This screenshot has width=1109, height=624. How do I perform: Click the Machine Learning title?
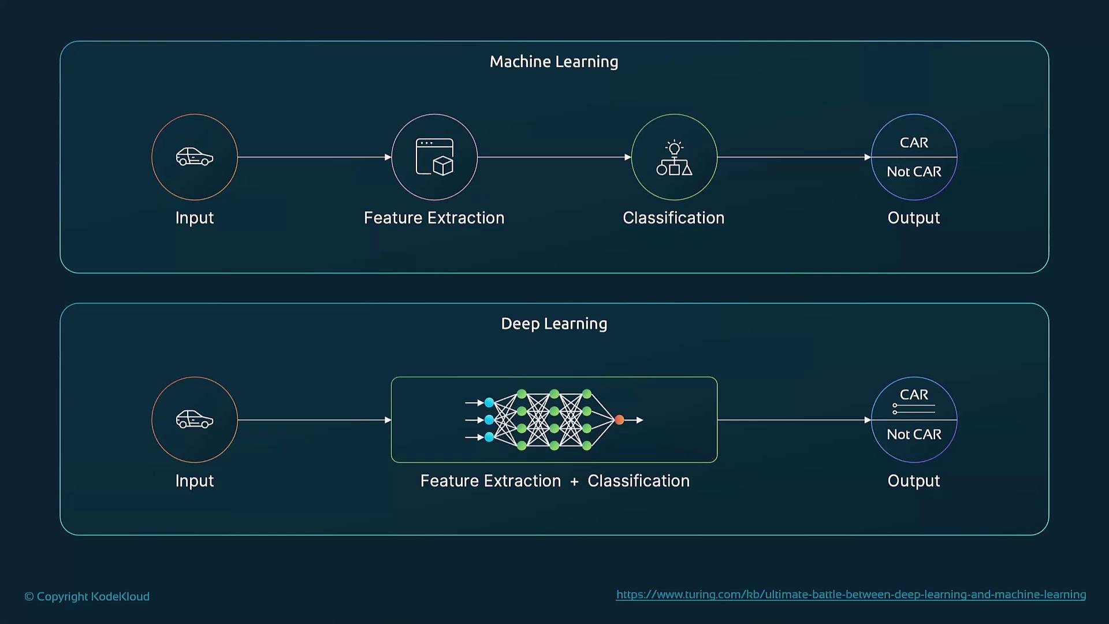(x=554, y=62)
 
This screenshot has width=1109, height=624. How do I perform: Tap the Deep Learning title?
(x=554, y=324)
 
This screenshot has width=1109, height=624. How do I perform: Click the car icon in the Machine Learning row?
(x=195, y=157)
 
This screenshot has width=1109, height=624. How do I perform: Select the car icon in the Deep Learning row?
(x=195, y=419)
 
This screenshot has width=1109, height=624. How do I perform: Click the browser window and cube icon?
(x=434, y=157)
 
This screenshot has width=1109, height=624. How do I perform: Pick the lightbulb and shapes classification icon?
(x=674, y=158)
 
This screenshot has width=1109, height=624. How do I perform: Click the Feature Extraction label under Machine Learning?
(x=434, y=218)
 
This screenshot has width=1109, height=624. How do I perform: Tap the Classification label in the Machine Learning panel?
(x=673, y=218)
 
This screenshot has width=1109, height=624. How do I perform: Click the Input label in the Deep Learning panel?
(x=195, y=481)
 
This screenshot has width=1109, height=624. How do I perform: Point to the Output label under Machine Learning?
(x=914, y=218)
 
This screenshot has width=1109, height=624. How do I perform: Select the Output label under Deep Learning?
(x=914, y=481)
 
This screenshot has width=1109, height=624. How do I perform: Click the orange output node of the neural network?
(x=619, y=420)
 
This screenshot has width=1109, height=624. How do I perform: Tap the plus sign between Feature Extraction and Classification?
(x=574, y=481)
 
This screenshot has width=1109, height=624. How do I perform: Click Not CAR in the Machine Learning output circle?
(x=914, y=172)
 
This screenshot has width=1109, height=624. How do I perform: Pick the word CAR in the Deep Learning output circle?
(x=914, y=395)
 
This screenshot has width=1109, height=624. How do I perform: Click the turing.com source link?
(x=851, y=595)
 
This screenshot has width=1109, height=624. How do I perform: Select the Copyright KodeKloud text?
(x=87, y=596)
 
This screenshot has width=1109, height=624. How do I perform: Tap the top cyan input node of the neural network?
(x=489, y=403)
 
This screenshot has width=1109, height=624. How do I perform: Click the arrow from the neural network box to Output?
(x=794, y=420)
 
